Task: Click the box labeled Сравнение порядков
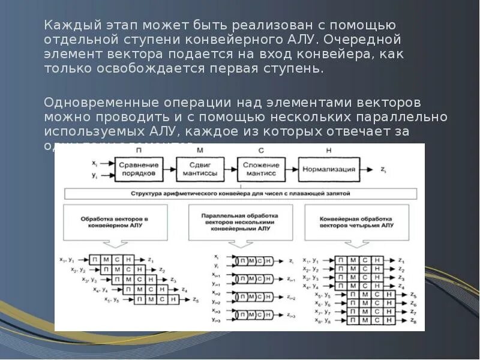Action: pyautogui.click(x=139, y=169)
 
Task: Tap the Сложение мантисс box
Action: pyautogui.click(x=261, y=169)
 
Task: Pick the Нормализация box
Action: pyautogui.click(x=329, y=169)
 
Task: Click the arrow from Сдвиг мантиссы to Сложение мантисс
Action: pyautogui.click(x=230, y=169)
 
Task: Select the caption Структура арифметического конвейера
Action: pyautogui.click(x=240, y=194)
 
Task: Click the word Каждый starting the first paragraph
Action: pyautogui.click(x=65, y=26)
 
